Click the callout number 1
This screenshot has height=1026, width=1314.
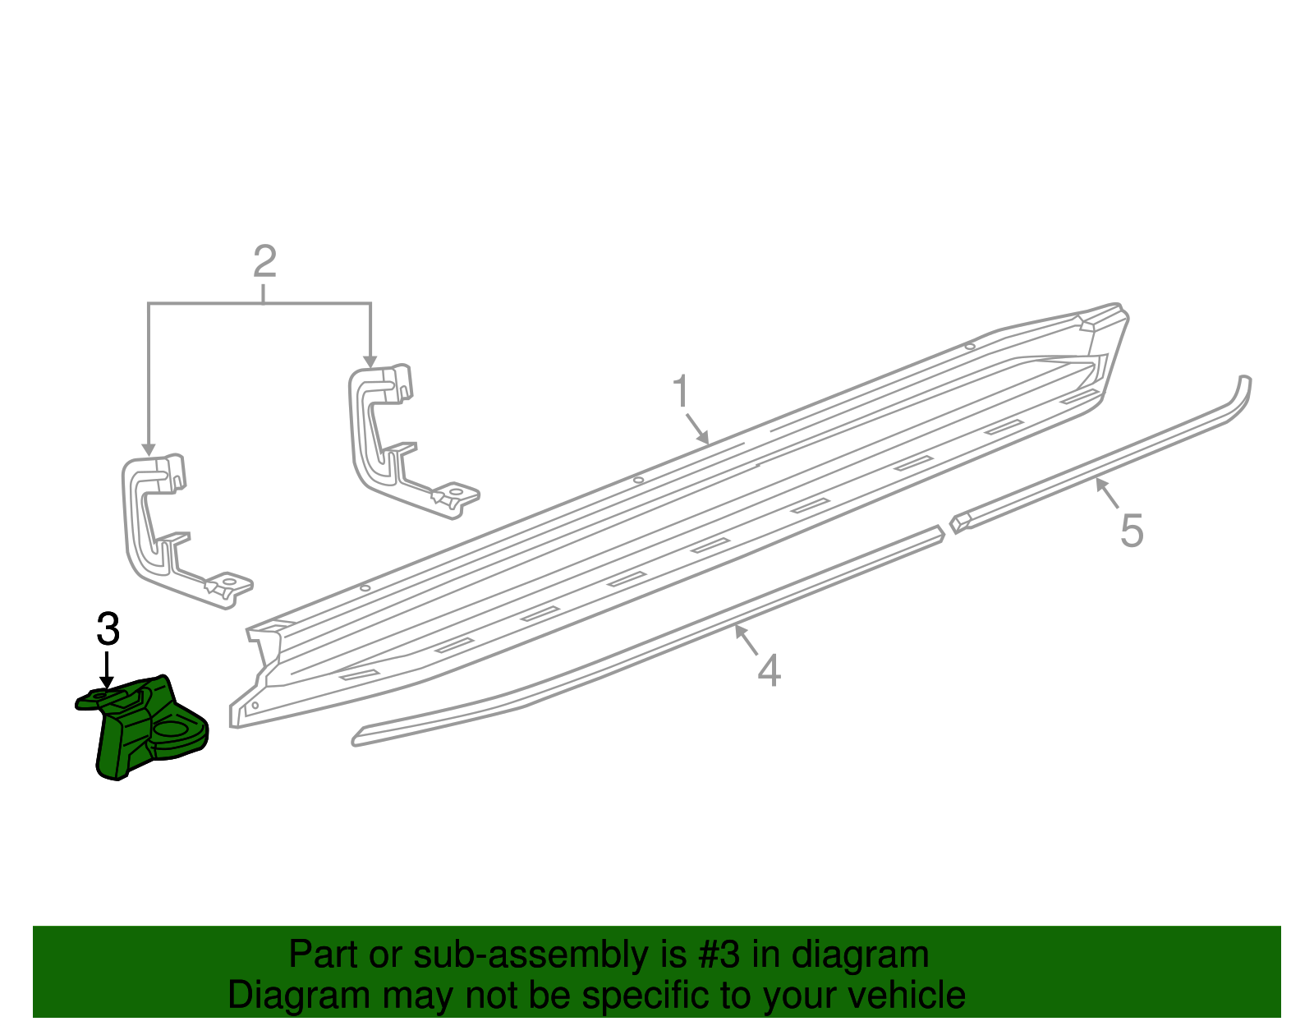click(x=681, y=392)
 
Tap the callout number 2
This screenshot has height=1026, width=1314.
click(x=264, y=262)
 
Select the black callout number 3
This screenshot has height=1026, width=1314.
click(x=108, y=629)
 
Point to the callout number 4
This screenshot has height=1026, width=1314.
click(x=769, y=670)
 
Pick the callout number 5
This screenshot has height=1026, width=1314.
click(x=1132, y=531)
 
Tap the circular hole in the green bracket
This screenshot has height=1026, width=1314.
click(x=173, y=729)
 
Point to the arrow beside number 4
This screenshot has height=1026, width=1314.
click(x=746, y=640)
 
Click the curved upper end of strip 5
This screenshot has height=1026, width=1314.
click(x=1243, y=390)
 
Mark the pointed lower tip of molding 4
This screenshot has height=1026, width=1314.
click(x=356, y=738)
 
